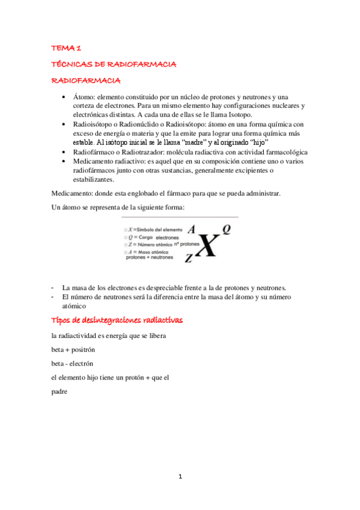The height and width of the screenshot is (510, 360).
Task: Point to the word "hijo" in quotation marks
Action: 262,143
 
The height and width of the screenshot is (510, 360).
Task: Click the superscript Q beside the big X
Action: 227,229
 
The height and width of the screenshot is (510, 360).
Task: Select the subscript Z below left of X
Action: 188,259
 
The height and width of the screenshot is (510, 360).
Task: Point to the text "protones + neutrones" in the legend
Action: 150,257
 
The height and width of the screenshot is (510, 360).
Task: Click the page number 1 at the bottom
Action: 180,477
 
